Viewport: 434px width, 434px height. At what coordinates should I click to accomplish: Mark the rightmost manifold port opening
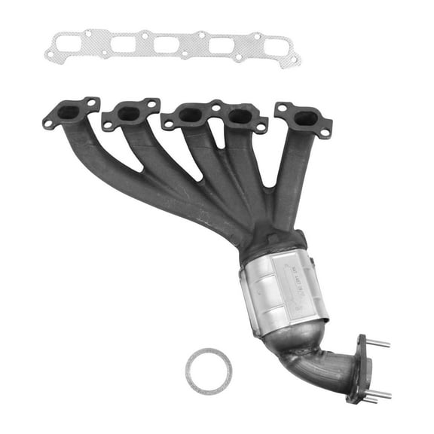(305, 118)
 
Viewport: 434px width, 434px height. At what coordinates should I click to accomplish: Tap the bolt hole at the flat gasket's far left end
(50, 54)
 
